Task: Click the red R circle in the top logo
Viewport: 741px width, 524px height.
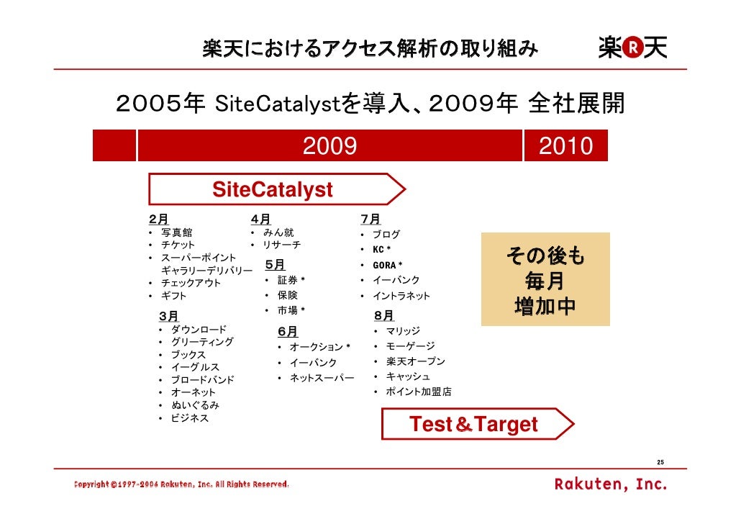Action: (632, 48)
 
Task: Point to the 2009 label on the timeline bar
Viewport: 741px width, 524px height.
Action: (329, 147)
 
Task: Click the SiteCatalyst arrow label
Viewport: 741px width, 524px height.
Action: (273, 190)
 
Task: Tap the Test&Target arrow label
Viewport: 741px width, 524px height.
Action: (473, 425)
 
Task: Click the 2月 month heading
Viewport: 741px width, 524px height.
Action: (158, 219)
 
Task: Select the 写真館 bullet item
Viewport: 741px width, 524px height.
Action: (176, 232)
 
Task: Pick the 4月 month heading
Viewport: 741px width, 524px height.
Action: (260, 219)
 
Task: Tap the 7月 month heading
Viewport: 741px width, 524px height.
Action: (370, 219)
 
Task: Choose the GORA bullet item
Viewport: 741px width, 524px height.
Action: (386, 265)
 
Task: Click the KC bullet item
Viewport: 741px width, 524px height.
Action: (381, 250)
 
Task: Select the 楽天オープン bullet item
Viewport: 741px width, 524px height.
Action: (415, 361)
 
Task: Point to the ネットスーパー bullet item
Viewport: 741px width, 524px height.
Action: (322, 378)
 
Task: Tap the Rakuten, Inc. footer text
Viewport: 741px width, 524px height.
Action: (610, 484)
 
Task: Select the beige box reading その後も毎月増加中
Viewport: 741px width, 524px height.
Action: (545, 279)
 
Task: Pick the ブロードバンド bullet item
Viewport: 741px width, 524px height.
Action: (202, 380)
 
